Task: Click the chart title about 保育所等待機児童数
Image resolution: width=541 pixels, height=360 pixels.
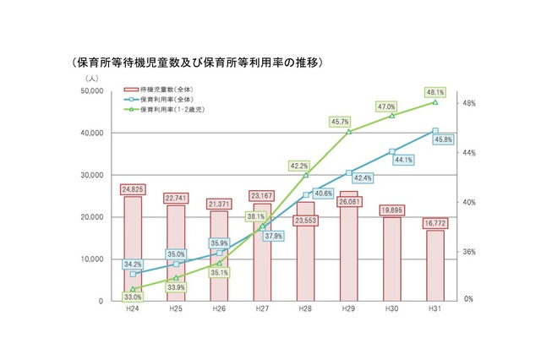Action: (x=199, y=63)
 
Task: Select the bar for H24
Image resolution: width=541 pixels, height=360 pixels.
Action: (x=133, y=254)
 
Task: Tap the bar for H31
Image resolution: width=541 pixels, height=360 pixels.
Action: (x=435, y=270)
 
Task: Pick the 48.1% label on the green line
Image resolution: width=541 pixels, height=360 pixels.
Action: (x=435, y=91)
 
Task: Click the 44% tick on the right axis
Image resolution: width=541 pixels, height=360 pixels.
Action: (x=470, y=153)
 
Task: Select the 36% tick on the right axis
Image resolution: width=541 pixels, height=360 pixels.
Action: (x=470, y=252)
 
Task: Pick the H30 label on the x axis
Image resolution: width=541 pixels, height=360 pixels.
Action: (x=391, y=310)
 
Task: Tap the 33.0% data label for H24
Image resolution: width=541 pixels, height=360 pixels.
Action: (x=132, y=297)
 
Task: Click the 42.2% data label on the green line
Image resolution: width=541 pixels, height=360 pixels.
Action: (x=298, y=166)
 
